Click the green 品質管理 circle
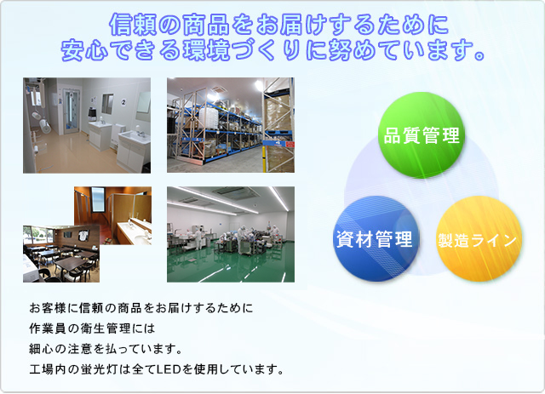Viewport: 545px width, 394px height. point(421,135)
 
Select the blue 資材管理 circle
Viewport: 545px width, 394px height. point(376,238)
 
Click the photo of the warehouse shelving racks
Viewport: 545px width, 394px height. point(231,125)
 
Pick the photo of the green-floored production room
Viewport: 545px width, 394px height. point(231,234)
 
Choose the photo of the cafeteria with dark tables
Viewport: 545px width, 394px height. point(61,254)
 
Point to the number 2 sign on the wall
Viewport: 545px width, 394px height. point(123,102)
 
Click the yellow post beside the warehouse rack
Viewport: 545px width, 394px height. point(265,159)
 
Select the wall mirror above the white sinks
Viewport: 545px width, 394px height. point(143,102)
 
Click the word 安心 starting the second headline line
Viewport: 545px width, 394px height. point(85,50)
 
